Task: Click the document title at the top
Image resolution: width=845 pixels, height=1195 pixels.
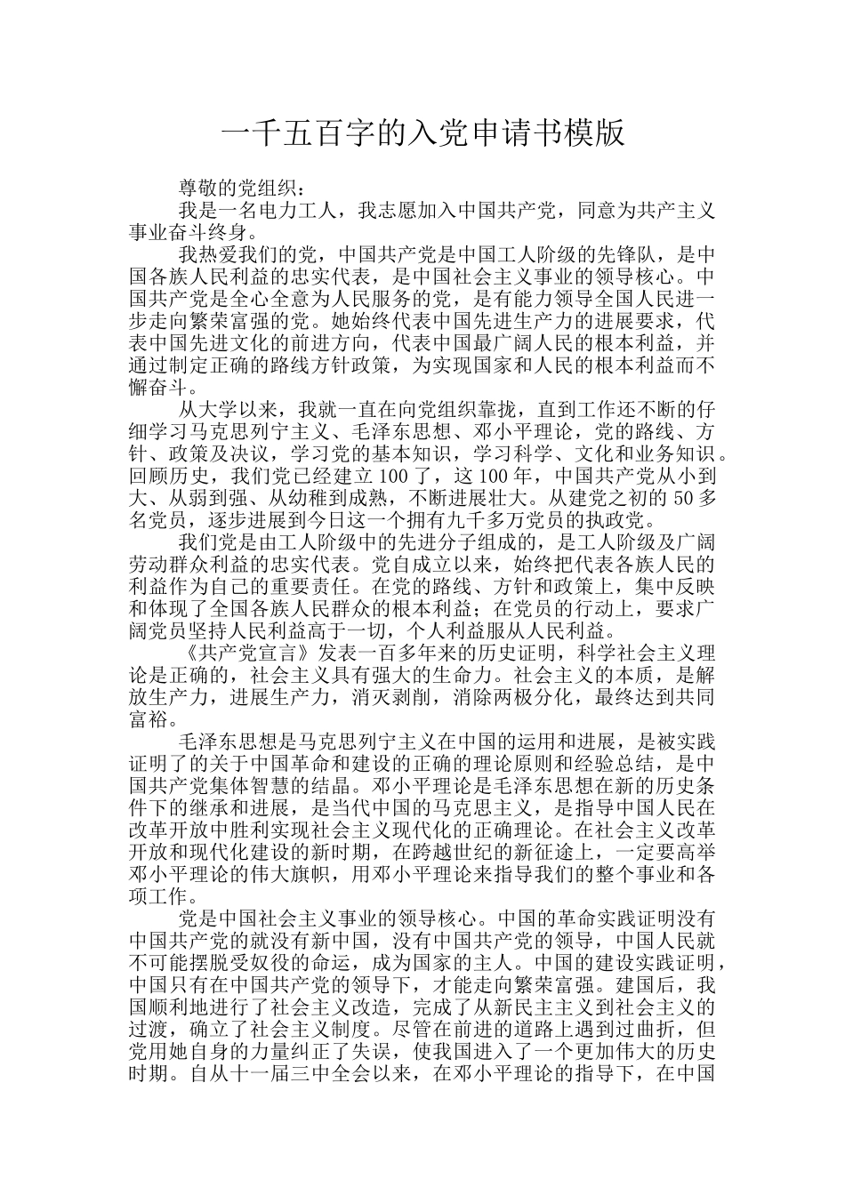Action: coord(422,134)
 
